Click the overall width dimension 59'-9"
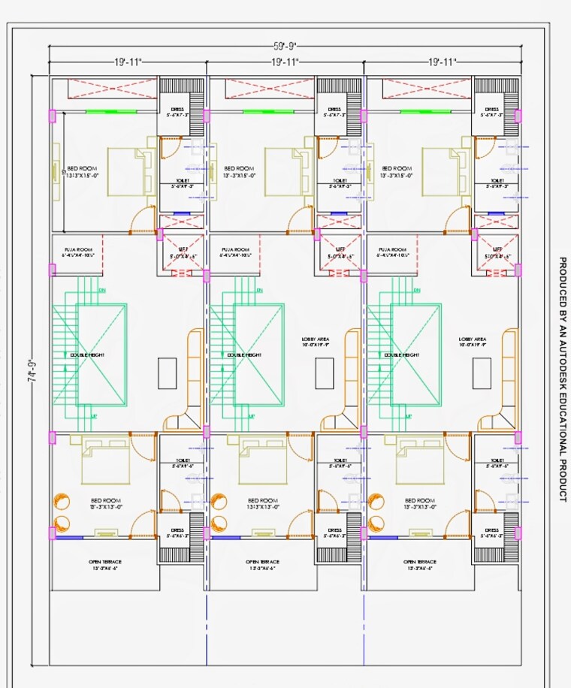285,44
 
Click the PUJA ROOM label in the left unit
78,249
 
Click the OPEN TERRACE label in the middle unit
262,562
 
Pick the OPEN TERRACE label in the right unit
420,562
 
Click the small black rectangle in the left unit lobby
168,373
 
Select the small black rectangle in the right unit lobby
482,373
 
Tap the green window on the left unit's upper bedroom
110,112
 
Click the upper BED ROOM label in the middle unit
239,168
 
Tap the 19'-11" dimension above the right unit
443,62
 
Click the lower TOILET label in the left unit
183,460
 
